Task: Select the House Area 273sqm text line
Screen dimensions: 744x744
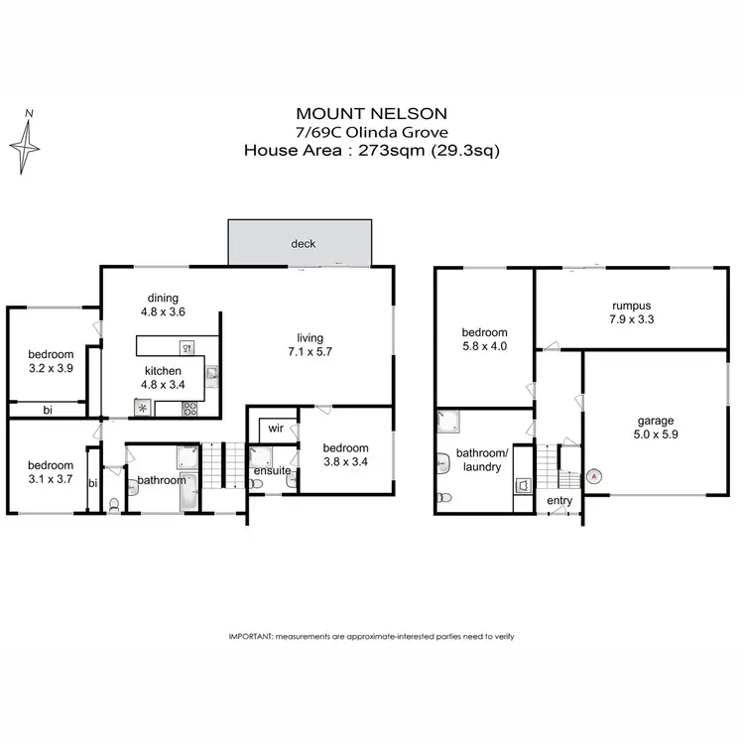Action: [x=371, y=151]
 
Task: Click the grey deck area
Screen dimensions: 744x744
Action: [x=302, y=243]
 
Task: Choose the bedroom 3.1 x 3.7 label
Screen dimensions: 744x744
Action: [x=50, y=471]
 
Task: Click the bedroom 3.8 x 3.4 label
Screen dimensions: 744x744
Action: [x=345, y=453]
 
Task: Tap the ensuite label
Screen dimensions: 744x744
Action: [x=271, y=470]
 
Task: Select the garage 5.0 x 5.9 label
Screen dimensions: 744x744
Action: [x=655, y=427]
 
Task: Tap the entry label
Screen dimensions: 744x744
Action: [x=559, y=501]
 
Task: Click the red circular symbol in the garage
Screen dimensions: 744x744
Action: [x=593, y=475]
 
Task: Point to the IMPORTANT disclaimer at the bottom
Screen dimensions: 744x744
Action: [x=371, y=636]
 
